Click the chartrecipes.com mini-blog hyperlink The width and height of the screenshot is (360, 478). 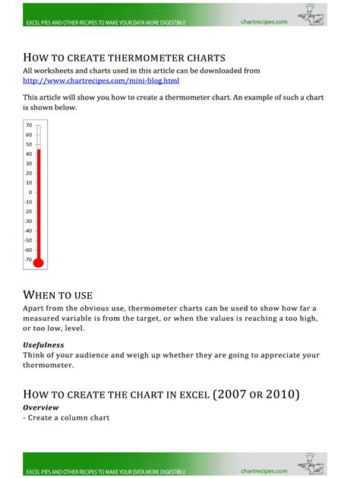tap(101, 80)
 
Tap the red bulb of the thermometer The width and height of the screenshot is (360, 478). tap(39, 263)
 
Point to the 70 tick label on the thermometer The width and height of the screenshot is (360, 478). tap(28, 124)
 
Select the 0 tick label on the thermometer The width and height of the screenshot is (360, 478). tap(30, 192)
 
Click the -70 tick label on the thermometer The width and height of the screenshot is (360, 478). tap(27, 259)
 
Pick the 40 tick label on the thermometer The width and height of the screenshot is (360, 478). tap(28, 153)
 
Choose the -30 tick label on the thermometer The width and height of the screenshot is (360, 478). tap(27, 221)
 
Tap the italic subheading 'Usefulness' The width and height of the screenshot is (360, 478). tap(43, 344)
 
